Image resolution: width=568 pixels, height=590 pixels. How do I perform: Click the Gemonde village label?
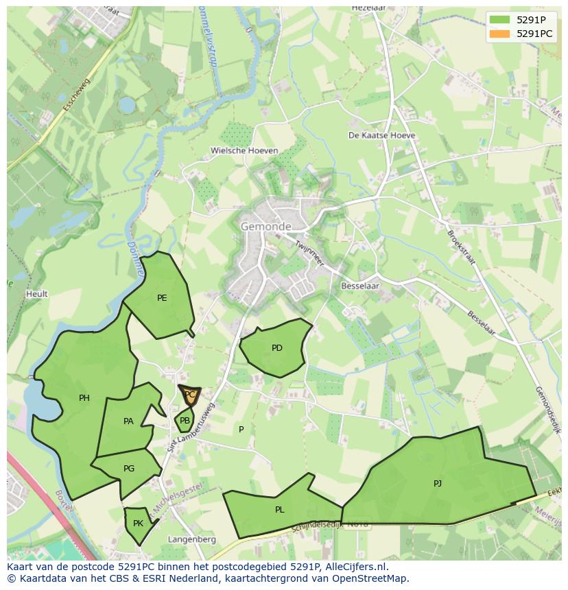265,226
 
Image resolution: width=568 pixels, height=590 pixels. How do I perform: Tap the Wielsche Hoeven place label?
244,151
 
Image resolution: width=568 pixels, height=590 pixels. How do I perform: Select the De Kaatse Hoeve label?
382,136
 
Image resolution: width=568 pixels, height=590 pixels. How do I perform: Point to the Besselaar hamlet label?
359,286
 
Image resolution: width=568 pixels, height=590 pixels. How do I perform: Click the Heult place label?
37,294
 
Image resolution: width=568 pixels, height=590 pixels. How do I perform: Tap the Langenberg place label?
192,539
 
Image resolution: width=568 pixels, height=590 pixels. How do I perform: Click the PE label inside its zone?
162,298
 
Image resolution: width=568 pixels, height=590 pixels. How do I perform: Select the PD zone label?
277,348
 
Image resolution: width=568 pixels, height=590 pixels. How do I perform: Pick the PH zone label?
84,398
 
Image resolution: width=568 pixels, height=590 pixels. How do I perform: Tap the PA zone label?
128,421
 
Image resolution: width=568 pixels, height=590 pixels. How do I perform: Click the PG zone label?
129,469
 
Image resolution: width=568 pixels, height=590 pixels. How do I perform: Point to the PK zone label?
138,524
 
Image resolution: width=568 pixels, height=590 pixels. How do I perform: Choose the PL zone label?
279,510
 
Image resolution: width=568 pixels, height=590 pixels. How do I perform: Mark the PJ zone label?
438,484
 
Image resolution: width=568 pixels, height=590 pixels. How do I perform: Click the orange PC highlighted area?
190,395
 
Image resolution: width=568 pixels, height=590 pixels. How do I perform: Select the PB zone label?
185,421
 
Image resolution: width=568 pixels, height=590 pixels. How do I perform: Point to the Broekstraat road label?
461,247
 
